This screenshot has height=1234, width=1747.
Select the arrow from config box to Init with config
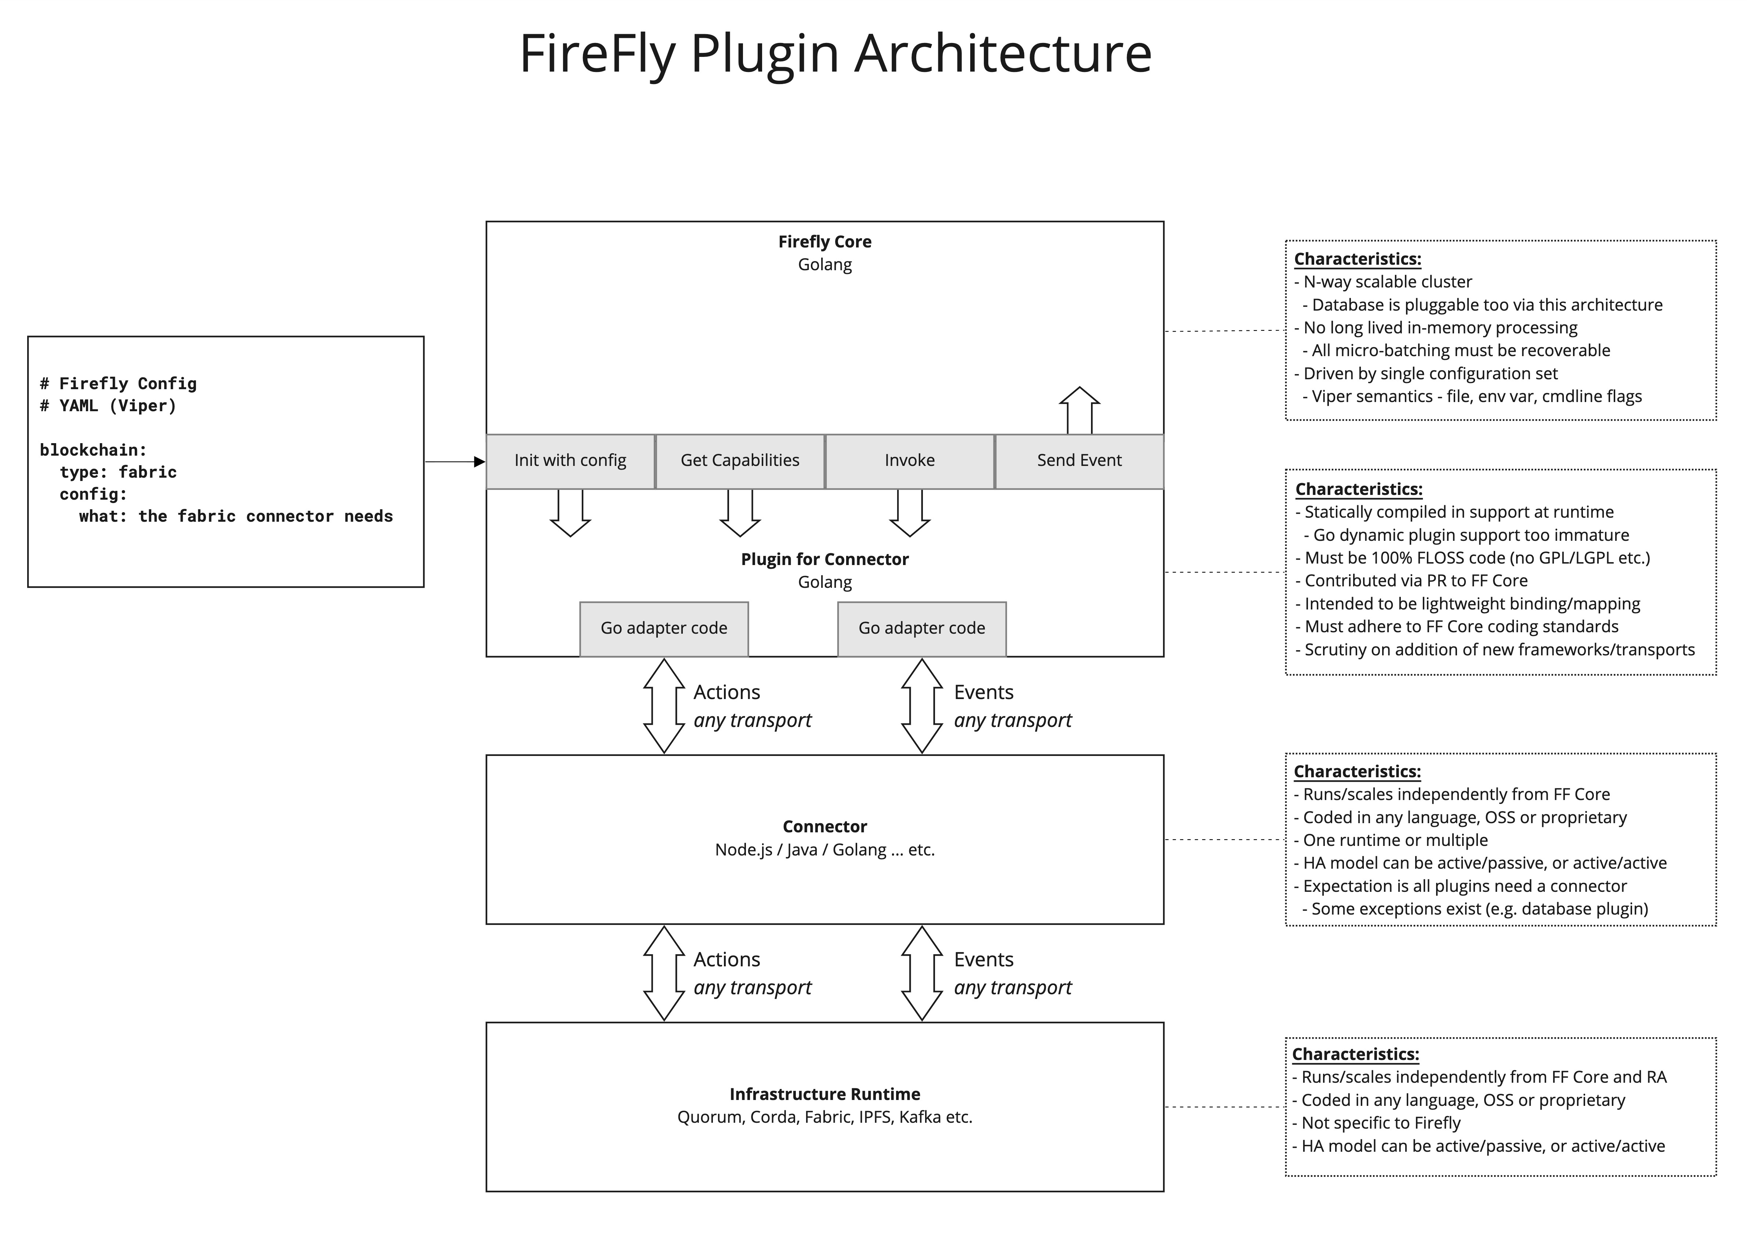(x=454, y=462)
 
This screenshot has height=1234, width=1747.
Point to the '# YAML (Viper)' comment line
(x=108, y=406)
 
